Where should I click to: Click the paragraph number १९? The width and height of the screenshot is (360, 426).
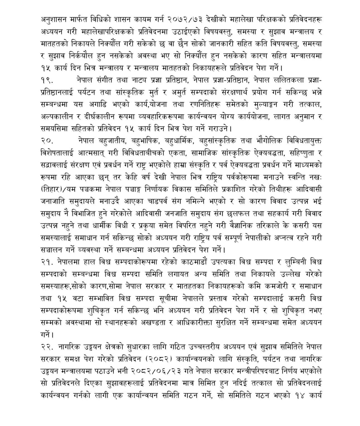coord(46,80)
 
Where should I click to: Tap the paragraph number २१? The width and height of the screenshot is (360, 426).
coord(47,262)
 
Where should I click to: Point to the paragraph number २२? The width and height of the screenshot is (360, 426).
coord(47,347)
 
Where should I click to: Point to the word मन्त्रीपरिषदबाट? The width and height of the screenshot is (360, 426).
coord(268,371)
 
